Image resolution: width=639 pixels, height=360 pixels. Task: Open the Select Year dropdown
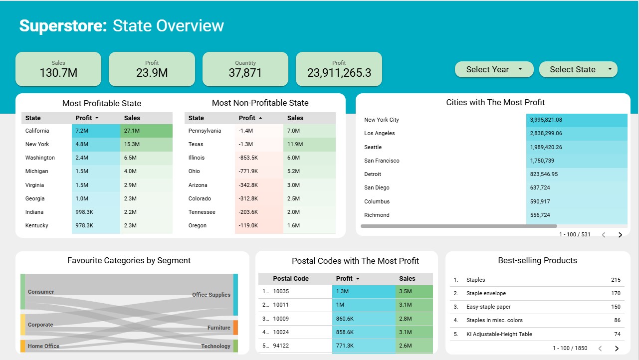coord(494,69)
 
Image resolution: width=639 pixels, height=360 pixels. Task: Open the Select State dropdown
coord(578,69)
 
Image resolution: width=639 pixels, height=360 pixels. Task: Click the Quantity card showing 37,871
coord(245,69)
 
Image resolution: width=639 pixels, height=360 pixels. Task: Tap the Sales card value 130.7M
coord(58,73)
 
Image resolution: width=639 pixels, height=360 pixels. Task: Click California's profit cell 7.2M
coord(96,131)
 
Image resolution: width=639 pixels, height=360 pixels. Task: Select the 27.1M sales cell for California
coord(146,131)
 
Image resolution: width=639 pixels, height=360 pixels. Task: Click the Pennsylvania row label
coord(205,131)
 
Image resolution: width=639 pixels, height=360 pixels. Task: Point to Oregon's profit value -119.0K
coord(259,225)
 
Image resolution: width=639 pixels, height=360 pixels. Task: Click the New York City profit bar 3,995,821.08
coord(577,120)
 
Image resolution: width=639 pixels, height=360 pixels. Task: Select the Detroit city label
coord(373,174)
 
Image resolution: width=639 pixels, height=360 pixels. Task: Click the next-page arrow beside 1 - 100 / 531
coord(620,235)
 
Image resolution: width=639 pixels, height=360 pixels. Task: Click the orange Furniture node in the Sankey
coord(235,328)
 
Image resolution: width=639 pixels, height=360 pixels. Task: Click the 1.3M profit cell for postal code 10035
coord(364,291)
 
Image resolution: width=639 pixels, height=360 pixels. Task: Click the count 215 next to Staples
coord(616,280)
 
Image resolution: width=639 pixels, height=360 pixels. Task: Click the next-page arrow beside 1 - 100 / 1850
coord(617,349)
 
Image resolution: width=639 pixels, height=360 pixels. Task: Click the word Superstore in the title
coord(63,26)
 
